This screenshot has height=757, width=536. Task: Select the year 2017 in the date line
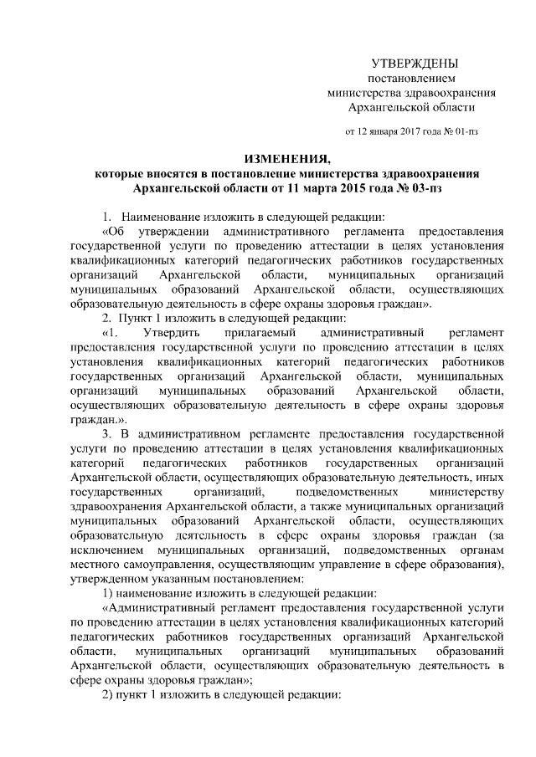point(410,131)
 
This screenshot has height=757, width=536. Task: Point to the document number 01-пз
point(466,131)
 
